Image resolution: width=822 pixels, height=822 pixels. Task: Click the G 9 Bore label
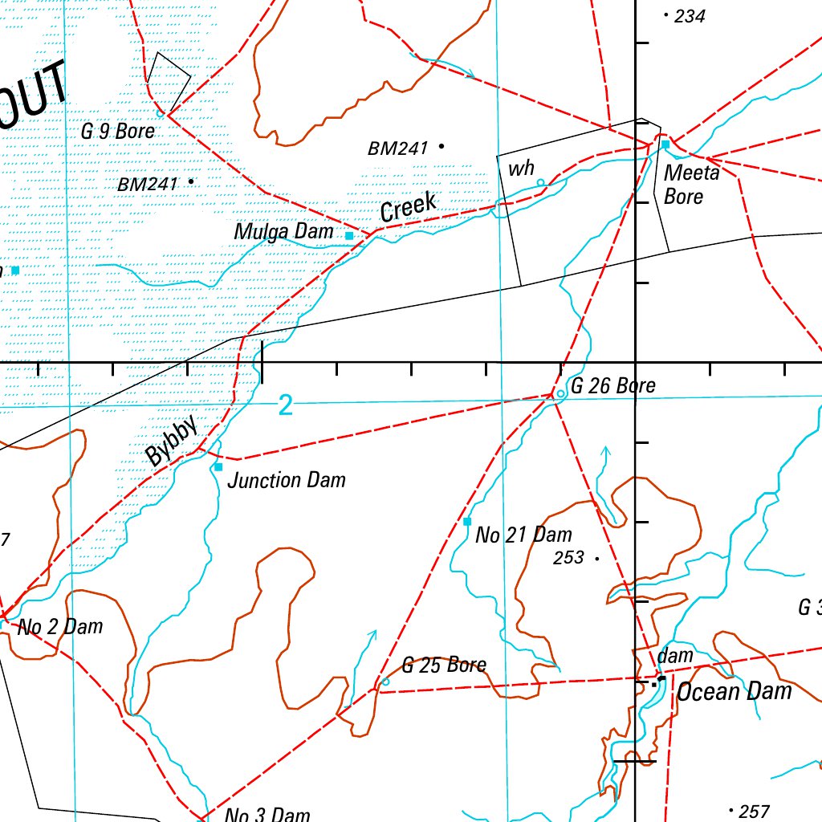click(x=117, y=131)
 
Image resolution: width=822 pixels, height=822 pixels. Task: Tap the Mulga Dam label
click(x=283, y=232)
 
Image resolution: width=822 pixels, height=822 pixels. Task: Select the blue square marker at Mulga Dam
click(x=349, y=236)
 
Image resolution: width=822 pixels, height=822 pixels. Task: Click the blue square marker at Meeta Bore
click(x=665, y=144)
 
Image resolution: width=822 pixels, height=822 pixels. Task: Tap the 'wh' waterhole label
click(x=521, y=169)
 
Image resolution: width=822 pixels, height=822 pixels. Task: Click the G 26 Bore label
click(x=612, y=386)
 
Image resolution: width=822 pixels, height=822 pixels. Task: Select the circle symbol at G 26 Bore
click(x=560, y=393)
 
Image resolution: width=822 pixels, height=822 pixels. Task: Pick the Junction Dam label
click(x=287, y=481)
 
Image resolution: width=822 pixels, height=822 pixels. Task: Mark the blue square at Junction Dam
click(x=218, y=466)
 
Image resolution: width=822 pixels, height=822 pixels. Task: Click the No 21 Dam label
click(x=523, y=535)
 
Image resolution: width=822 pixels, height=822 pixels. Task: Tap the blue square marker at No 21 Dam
click(x=467, y=522)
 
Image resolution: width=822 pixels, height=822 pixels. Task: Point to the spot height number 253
click(x=568, y=558)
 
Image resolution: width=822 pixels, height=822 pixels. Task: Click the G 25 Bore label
click(x=444, y=665)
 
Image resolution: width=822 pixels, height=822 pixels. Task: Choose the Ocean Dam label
click(x=734, y=692)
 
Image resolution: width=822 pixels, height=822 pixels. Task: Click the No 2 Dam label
click(x=60, y=627)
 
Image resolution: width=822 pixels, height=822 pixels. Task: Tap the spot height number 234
click(x=690, y=16)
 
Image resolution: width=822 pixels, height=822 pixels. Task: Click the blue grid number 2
click(x=286, y=406)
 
